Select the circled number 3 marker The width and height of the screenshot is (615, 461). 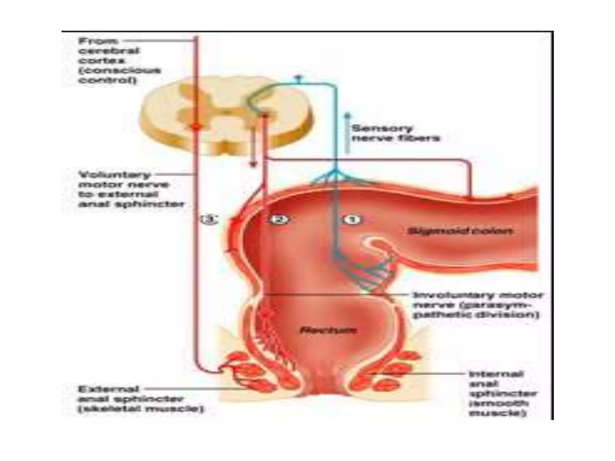click(210, 220)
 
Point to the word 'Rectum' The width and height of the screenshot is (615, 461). click(329, 331)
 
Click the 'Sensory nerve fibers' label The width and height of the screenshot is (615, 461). click(395, 133)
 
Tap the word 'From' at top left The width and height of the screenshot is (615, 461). click(98, 41)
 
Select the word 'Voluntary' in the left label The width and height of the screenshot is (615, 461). click(114, 175)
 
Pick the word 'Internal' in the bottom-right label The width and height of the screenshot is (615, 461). click(496, 374)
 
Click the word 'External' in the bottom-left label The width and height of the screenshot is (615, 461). click(108, 389)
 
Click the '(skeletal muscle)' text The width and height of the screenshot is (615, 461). click(141, 409)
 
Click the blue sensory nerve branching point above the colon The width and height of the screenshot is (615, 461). click(336, 171)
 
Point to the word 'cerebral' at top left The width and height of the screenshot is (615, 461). click(109, 51)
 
